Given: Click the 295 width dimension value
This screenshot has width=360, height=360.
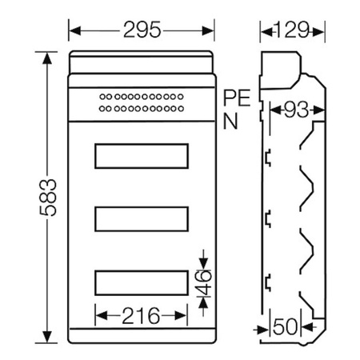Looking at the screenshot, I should pyautogui.click(x=142, y=31).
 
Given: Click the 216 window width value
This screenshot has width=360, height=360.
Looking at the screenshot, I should pyautogui.click(x=141, y=314).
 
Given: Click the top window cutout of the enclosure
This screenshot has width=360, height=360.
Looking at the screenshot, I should pyautogui.click(x=142, y=156).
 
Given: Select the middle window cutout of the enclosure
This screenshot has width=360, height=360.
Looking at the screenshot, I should pyautogui.click(x=142, y=219).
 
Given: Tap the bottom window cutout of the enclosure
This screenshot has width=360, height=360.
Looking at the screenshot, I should pyautogui.click(x=142, y=282).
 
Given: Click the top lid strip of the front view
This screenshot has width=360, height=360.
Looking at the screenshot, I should pyautogui.click(x=142, y=62).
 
